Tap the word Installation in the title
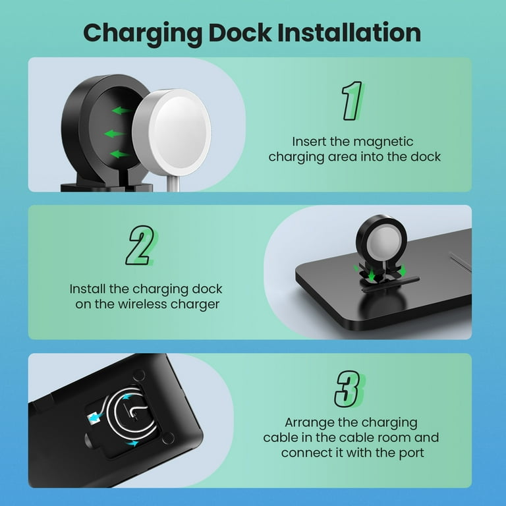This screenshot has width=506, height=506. [x=349, y=32]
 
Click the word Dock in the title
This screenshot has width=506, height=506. [x=240, y=32]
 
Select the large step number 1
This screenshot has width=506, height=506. [x=352, y=100]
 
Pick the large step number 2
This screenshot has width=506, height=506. [x=141, y=245]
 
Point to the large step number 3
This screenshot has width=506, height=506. [x=349, y=389]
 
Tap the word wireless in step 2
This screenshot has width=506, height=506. [x=142, y=304]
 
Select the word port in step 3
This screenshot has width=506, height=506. [x=411, y=453]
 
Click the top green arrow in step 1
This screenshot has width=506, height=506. [x=122, y=111]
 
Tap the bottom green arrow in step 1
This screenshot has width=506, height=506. [x=120, y=154]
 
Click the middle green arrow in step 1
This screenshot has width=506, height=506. [x=114, y=134]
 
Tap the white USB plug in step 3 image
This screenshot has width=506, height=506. [x=94, y=418]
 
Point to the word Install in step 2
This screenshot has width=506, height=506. [x=87, y=289]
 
